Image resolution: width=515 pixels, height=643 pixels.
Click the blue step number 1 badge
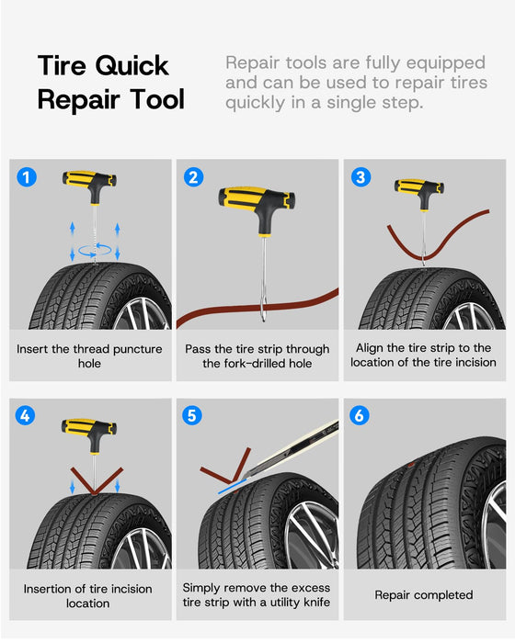27,177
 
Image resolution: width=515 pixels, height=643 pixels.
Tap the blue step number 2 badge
193,177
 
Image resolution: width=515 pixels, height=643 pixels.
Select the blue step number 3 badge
361,177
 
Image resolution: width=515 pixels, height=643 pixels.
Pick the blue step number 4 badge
25,415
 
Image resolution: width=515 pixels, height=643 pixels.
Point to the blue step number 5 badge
192,415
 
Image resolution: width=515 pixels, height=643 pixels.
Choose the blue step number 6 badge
360,415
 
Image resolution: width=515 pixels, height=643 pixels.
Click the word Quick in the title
132,66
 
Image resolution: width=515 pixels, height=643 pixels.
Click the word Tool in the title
157,99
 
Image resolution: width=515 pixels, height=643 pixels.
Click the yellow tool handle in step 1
89,184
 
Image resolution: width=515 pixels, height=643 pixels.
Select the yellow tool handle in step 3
419,191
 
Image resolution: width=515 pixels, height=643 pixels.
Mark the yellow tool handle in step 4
89,432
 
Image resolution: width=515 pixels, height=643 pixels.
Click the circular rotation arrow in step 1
95,250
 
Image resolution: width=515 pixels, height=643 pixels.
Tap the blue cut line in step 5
232,486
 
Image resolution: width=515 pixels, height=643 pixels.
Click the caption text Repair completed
424,594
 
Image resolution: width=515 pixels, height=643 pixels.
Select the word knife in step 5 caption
316,602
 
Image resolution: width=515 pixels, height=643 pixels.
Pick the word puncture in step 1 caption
138,349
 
